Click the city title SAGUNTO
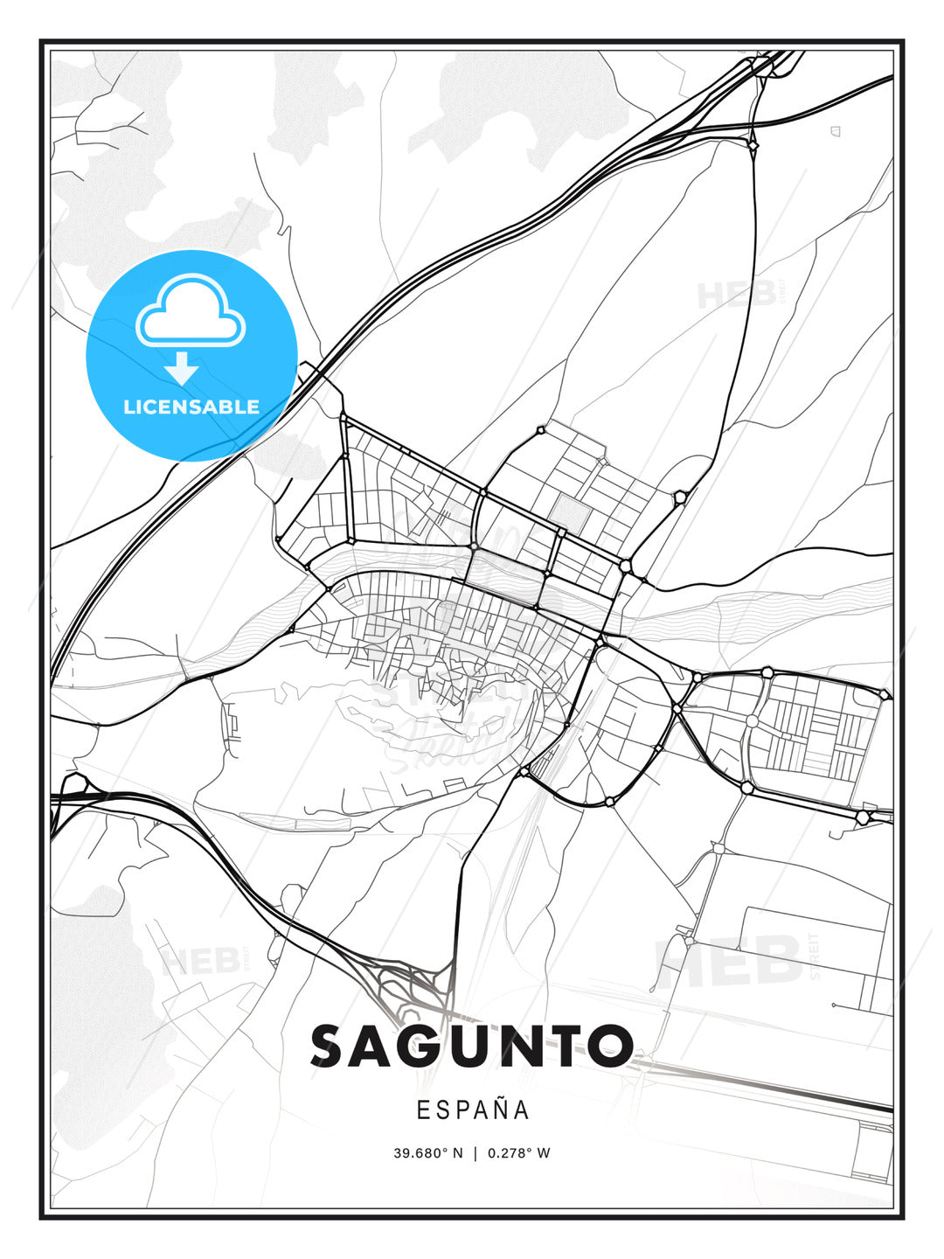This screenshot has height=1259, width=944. [472, 1046]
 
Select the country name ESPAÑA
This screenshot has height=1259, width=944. [472, 1109]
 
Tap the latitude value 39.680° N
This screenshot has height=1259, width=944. [427, 1153]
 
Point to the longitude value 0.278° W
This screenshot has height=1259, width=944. [519, 1153]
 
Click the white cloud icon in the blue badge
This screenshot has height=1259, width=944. [191, 312]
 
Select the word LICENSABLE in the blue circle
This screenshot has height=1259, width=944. [191, 407]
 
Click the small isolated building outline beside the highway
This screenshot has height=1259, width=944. [835, 131]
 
